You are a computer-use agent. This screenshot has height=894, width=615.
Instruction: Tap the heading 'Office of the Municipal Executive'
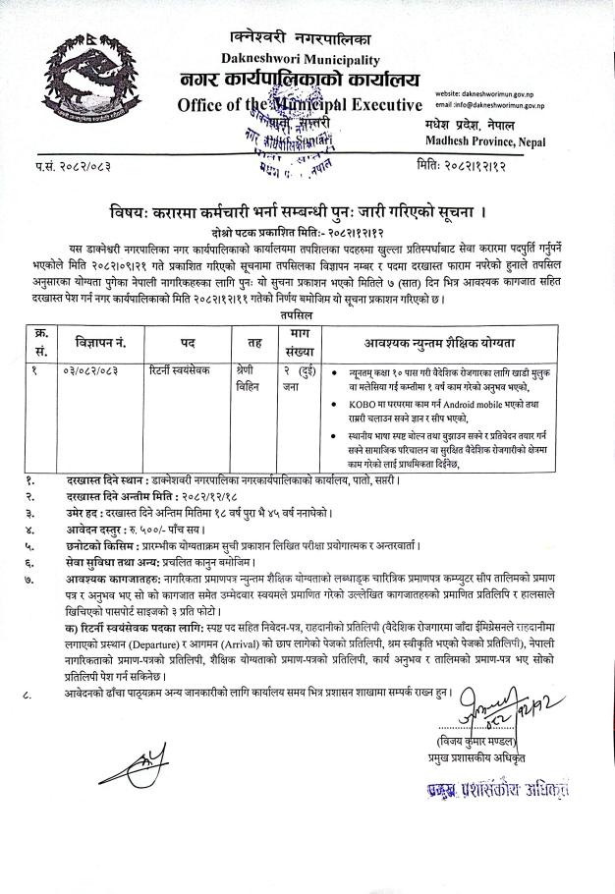[x=300, y=104]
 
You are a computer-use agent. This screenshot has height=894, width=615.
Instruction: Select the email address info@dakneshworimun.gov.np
[x=489, y=104]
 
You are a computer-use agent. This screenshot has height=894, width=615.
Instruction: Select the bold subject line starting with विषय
[x=306, y=212]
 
